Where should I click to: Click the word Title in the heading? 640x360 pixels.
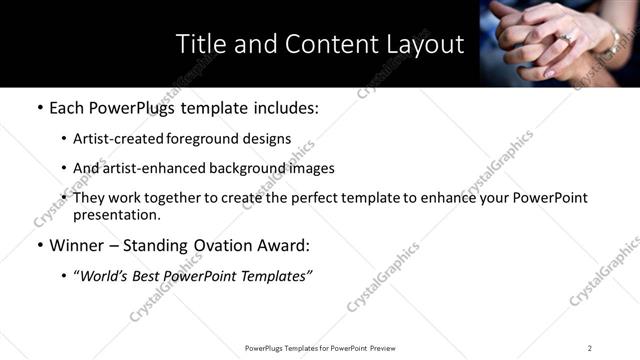click(200, 45)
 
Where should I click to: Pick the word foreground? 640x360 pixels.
click(205, 139)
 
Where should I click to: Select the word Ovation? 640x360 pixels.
click(229, 245)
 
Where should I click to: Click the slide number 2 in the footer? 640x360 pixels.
click(590, 348)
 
